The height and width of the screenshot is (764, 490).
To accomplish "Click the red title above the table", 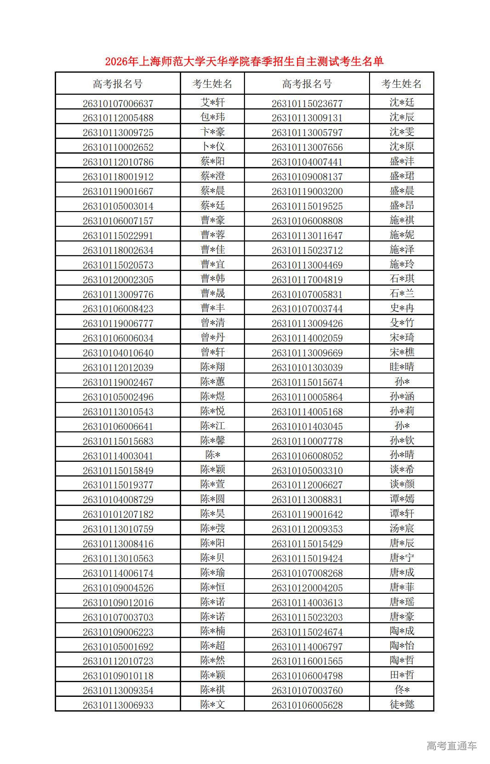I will tap(244, 61).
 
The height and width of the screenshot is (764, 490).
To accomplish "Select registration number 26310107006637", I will tap(118, 103).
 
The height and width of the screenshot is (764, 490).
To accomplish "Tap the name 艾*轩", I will tap(212, 103).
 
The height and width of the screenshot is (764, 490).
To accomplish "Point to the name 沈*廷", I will tap(402, 103).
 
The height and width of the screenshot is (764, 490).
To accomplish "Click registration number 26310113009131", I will tap(307, 118).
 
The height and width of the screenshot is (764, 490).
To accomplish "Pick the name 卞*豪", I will tap(212, 132).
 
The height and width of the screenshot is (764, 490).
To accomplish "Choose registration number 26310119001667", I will tap(118, 191).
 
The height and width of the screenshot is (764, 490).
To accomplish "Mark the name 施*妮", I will tap(402, 235).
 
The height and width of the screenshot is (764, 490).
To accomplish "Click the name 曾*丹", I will tap(212, 338).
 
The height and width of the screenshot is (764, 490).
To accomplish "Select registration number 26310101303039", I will tap(307, 368).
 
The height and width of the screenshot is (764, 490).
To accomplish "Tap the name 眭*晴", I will tap(402, 367).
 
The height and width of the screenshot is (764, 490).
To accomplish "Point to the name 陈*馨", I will tap(212, 441).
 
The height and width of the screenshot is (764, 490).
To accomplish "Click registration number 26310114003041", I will tap(118, 456).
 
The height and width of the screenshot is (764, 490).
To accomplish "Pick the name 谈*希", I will tap(402, 470).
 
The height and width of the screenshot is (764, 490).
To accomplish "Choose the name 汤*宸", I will tap(402, 528).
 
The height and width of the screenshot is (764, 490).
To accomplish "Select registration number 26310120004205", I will tap(307, 588).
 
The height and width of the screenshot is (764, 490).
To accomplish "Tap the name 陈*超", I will tap(212, 646).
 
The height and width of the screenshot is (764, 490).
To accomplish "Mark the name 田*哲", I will tap(402, 675).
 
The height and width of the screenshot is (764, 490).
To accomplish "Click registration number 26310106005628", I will tap(307, 705).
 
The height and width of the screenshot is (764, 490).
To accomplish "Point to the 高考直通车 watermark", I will tap(451, 746).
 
